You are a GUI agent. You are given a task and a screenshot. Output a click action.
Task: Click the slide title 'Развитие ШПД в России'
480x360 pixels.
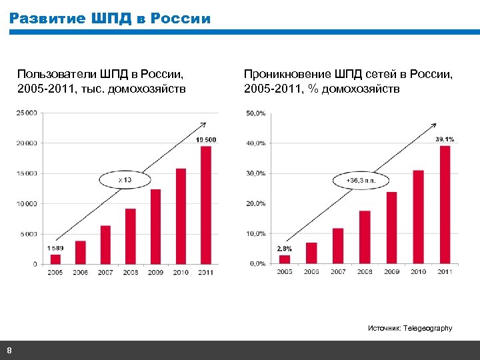[110, 19]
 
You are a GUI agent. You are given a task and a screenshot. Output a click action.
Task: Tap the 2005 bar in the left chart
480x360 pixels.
[55, 259]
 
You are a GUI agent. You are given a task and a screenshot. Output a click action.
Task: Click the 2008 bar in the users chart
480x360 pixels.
[131, 236]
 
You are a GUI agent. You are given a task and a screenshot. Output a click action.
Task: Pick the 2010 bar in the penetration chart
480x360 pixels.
[418, 217]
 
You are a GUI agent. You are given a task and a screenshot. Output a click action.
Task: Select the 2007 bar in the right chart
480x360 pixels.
[338, 245]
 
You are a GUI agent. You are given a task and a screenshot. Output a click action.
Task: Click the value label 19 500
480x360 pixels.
[206, 139]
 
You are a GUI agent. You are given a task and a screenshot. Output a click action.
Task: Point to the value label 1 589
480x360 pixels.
[55, 248]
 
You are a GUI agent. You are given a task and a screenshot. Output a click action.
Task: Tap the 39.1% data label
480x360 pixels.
[445, 139]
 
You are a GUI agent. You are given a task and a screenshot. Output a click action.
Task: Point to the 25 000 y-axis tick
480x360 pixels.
[27, 113]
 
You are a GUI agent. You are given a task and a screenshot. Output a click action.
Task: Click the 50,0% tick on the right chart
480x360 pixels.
[255, 113]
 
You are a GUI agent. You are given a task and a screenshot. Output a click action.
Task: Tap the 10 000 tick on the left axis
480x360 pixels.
[27, 203]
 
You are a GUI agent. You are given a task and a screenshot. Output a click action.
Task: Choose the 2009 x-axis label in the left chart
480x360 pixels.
[155, 273]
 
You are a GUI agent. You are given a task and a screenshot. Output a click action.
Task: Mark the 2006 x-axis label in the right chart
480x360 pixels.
[311, 272]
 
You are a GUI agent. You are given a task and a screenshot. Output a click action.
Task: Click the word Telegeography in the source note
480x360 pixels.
[427, 328]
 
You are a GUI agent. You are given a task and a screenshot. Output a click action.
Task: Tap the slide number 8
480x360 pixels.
[9, 351]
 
